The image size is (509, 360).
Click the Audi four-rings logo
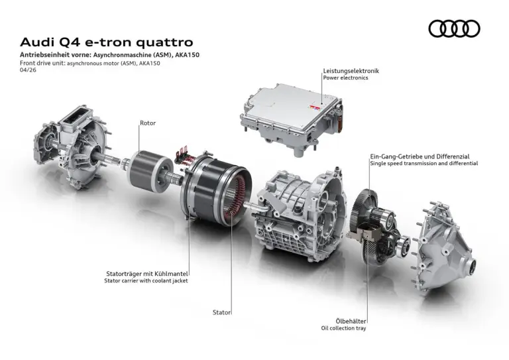click(454, 29)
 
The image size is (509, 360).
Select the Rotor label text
click(148, 123)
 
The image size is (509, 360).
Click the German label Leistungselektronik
click(351, 70)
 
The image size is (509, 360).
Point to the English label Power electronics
click(345, 78)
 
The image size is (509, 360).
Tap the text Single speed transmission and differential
click(424, 163)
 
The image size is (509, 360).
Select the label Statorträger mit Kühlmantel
click(147, 273)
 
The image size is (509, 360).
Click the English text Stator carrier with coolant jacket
click(146, 281)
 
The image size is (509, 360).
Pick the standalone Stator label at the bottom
click(222, 312)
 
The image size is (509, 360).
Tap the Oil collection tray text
click(343, 328)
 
